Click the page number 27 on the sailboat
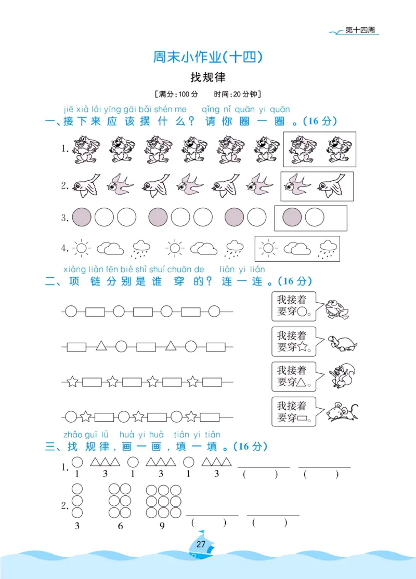coord(202,544)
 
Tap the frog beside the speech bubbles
coord(336,309)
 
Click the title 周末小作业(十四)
coord(207,57)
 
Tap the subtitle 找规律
coord(207,77)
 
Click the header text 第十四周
coord(360,31)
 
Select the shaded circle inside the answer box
coord(292,218)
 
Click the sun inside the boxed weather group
coord(268,249)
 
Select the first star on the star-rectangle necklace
coord(72,382)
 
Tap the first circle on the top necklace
coord(71,312)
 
